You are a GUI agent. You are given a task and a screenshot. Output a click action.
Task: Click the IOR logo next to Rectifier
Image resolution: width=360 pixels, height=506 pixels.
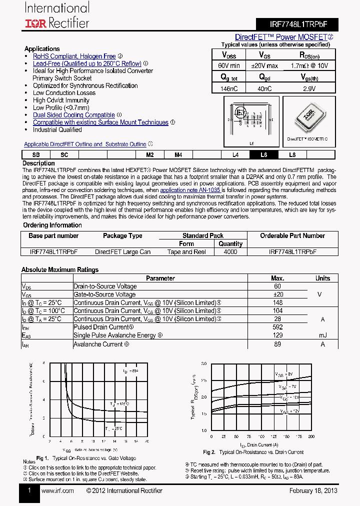coord(36,23)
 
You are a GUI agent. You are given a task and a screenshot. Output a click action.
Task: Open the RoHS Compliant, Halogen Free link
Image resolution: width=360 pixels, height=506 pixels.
coord(74,56)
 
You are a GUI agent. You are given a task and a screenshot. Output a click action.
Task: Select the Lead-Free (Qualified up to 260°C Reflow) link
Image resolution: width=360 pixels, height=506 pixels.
coord(87,63)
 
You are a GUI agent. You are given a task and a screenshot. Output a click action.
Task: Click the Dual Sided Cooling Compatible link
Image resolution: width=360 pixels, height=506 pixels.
coord(73,115)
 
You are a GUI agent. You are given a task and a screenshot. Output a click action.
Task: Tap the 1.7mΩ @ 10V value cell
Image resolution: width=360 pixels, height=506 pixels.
coord(309,65)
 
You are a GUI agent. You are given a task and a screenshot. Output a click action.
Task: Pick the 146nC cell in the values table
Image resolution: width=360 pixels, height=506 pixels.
coord(229,88)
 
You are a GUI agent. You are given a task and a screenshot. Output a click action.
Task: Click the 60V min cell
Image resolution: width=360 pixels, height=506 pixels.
coord(229,65)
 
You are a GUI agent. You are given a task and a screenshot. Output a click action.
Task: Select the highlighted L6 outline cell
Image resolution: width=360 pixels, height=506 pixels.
coord(264,155)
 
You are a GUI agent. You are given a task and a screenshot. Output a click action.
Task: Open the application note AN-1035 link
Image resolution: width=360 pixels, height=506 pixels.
coord(190,190)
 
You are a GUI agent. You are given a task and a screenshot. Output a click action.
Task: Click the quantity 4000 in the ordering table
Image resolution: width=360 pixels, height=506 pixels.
coord(230,252)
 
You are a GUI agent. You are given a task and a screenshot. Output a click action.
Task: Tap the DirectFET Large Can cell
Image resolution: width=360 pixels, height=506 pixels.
coord(122,252)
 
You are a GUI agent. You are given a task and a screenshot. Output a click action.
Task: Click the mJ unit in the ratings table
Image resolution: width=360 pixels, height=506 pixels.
coord(322,335)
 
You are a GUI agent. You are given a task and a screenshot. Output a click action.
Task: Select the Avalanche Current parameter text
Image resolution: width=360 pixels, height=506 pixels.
coord(98,344)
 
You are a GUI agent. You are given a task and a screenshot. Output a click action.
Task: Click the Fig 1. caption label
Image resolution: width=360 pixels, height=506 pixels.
coord(42,458)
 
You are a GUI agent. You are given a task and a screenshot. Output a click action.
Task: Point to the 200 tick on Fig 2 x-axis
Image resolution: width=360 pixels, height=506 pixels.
coord(311,436)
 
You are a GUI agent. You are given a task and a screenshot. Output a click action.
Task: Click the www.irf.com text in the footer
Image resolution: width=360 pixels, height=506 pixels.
coord(57,490)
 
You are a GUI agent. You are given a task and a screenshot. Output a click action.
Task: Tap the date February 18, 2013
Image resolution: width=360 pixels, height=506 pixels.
coord(313,490)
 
